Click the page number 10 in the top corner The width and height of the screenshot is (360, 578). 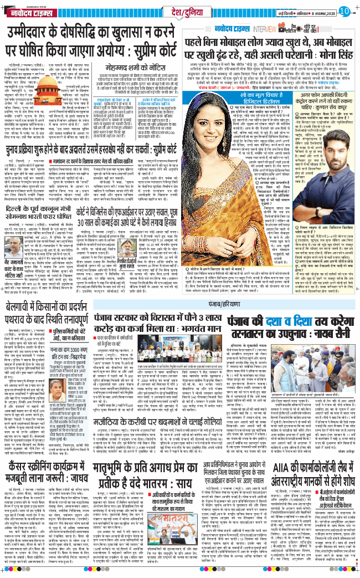(343, 11)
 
